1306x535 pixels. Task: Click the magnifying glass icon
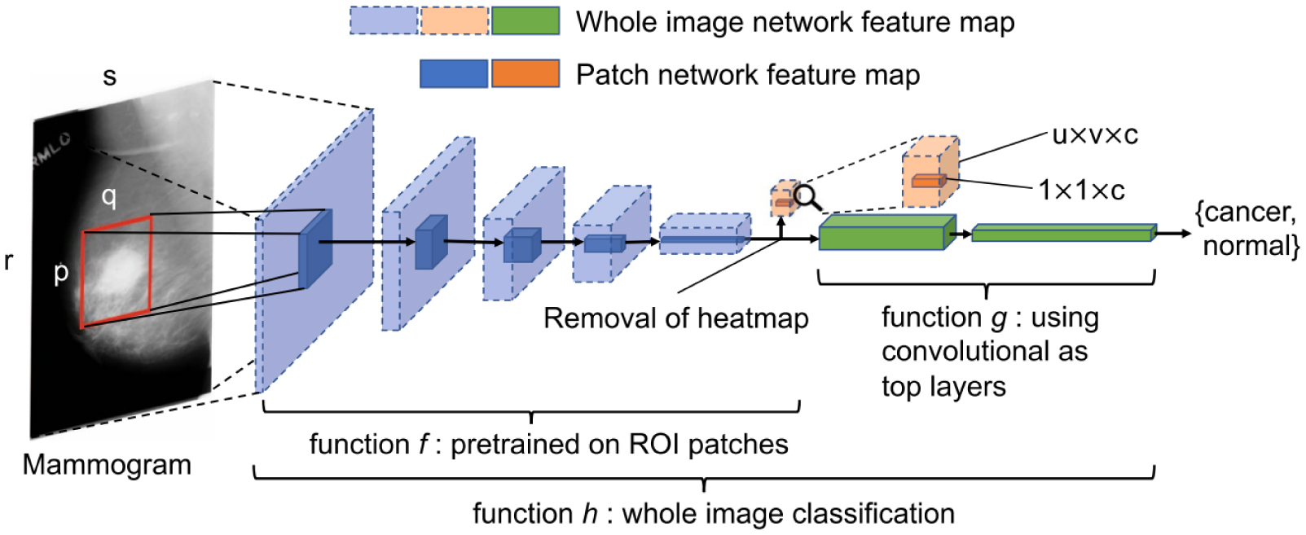[807, 198]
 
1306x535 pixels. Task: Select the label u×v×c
[1095, 135]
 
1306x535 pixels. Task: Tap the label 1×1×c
[1081, 191]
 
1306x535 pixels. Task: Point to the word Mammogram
[107, 465]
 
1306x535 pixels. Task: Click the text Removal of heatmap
[675, 318]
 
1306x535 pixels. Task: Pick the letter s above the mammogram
[109, 77]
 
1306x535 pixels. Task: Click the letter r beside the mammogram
[9, 261]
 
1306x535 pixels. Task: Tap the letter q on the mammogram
[108, 195]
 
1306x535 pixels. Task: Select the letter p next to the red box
[61, 273]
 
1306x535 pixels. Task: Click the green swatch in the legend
[525, 21]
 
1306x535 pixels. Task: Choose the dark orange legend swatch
[525, 74]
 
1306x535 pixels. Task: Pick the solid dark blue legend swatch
[454, 74]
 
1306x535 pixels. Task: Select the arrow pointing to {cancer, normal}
[1173, 234]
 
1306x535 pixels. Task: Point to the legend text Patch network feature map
[748, 75]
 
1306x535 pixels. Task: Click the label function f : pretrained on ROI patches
[548, 445]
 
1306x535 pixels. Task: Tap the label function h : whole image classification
[713, 514]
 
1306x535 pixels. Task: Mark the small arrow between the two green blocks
[959, 235]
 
